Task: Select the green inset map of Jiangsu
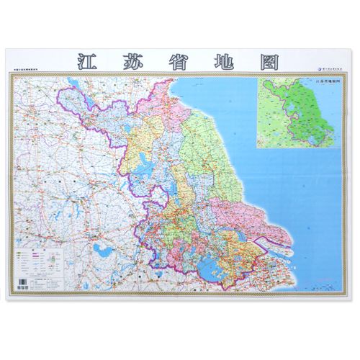point(295,112)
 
